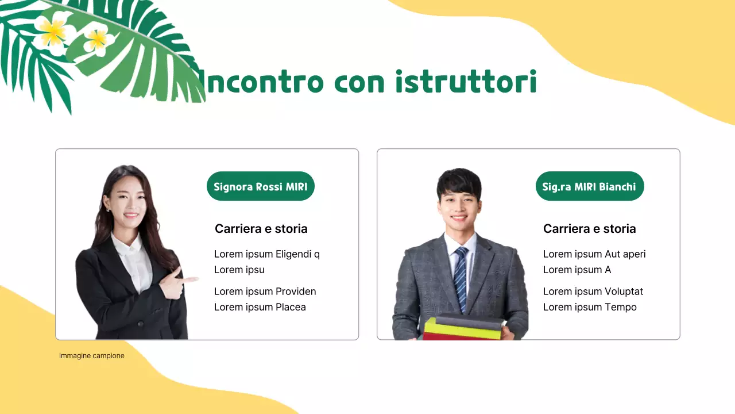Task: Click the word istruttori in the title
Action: pyautogui.click(x=466, y=82)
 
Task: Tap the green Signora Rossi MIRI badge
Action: pyautogui.click(x=261, y=186)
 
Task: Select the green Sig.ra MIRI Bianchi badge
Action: pyautogui.click(x=589, y=186)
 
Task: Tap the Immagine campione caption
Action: pyautogui.click(x=92, y=356)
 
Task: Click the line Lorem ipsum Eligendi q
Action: pyautogui.click(x=267, y=254)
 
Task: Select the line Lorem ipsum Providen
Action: pyautogui.click(x=265, y=292)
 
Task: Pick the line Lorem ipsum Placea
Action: pyautogui.click(x=260, y=307)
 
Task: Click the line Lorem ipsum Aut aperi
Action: pyautogui.click(x=594, y=254)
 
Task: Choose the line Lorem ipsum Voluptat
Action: pyautogui.click(x=593, y=292)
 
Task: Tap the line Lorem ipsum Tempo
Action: pyautogui.click(x=590, y=307)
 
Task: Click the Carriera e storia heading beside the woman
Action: pyautogui.click(x=261, y=229)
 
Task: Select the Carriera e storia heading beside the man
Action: pyautogui.click(x=590, y=229)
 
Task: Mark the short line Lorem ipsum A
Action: pyautogui.click(x=577, y=270)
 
